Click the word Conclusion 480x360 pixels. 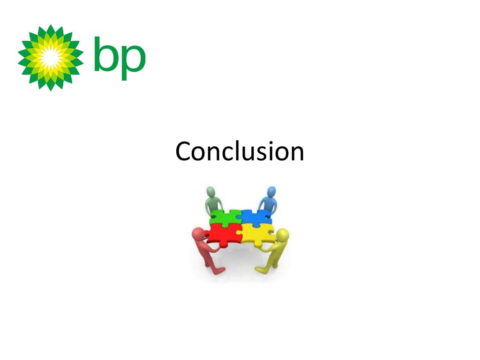(240, 151)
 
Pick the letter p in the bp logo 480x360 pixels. (133, 60)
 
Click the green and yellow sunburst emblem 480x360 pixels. (51, 57)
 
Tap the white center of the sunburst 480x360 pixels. (50, 57)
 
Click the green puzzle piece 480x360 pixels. (225, 217)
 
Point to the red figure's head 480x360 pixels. (199, 233)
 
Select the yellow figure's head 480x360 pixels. (283, 234)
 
